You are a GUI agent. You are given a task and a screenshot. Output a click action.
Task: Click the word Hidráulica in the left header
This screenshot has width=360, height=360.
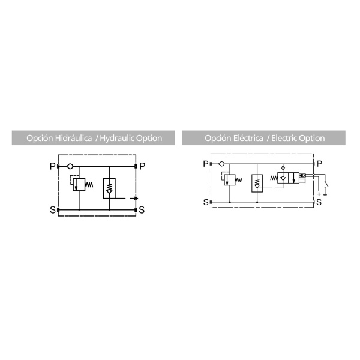click(x=73, y=138)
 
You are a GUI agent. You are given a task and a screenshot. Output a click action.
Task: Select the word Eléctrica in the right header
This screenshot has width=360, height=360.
click(x=248, y=138)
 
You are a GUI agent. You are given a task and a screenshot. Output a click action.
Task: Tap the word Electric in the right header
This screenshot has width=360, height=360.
click(x=283, y=138)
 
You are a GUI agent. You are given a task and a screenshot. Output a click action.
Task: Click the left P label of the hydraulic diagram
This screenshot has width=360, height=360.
click(x=53, y=166)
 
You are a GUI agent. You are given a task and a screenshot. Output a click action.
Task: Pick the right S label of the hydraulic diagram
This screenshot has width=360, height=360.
click(x=142, y=210)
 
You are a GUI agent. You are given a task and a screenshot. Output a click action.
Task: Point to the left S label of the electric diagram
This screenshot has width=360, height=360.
click(x=206, y=202)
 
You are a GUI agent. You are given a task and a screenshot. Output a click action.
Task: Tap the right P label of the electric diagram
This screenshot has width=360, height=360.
click(x=319, y=164)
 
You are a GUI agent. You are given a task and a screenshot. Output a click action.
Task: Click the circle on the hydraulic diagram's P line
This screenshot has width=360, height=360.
click(x=70, y=166)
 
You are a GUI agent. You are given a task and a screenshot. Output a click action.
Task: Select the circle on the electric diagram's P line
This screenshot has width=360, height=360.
click(x=221, y=164)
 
